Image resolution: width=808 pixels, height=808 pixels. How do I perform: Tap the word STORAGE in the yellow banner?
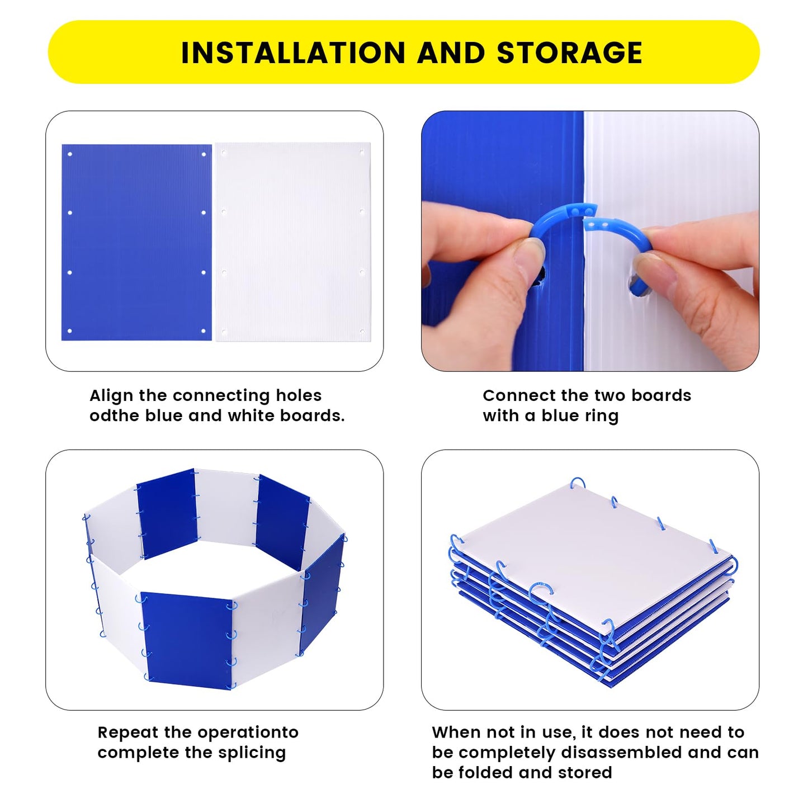[569, 53]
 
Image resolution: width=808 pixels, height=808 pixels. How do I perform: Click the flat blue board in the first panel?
[136, 242]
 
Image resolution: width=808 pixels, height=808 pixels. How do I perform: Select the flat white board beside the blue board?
[292, 242]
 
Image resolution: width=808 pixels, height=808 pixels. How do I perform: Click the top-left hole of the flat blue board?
[69, 154]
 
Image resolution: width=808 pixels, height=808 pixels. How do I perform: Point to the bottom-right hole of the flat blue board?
[204, 331]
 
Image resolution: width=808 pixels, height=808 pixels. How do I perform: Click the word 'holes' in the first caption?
[299, 395]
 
